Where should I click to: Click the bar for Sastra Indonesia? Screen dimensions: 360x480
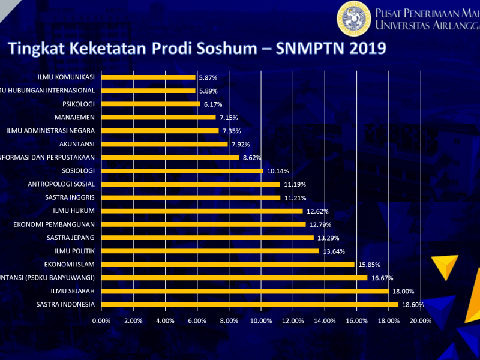250,304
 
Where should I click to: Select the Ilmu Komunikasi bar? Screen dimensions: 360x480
148,77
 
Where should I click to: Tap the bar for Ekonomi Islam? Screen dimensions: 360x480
228,264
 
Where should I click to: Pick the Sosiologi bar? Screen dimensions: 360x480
182,171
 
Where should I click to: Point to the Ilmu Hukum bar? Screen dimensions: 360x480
202,211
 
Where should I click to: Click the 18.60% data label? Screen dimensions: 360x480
413,305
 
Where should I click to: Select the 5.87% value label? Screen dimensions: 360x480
208,78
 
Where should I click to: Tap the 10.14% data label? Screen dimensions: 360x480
278,171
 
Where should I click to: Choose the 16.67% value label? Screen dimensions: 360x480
382,278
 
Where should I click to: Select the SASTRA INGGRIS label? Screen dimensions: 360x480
70,197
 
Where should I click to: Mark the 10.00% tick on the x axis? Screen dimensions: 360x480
261,320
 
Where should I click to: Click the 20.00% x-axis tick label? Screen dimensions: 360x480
420,320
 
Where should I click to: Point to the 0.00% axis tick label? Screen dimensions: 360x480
101,320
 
